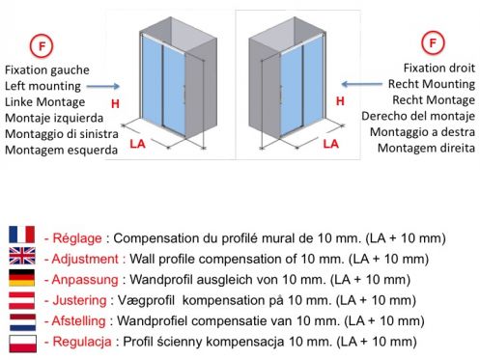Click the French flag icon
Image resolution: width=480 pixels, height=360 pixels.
pyautogui.click(x=22, y=235)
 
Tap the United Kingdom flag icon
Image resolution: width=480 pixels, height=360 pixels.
pyautogui.click(x=22, y=256)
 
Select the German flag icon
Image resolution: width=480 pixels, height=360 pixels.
pyautogui.click(x=22, y=278)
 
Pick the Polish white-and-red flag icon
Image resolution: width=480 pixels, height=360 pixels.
pyautogui.click(x=22, y=344)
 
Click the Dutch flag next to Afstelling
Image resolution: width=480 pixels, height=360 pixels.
pyautogui.click(x=22, y=322)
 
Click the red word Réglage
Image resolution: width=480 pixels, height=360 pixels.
pyautogui.click(x=77, y=238)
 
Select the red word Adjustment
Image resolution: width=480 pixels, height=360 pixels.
pyautogui.click(x=85, y=259)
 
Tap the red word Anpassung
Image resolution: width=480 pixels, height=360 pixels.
pyautogui.click(x=85, y=280)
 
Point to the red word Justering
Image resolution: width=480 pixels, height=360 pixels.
pyautogui.click(x=79, y=300)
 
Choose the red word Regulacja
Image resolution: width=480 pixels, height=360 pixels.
pyautogui.click(x=82, y=342)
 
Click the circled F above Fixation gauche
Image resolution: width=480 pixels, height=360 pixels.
pyautogui.click(x=42, y=46)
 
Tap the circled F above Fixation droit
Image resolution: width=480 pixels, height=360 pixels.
pyautogui.click(x=433, y=42)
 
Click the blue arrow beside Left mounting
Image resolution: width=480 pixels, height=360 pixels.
pyautogui.click(x=103, y=86)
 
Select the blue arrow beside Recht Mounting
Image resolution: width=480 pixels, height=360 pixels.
pyautogui.click(x=362, y=84)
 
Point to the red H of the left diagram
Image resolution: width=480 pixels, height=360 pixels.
pyautogui.click(x=115, y=103)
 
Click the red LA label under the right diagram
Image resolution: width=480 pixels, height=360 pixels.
pyautogui.click(x=331, y=144)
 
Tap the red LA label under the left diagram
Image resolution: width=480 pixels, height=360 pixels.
pyautogui.click(x=138, y=144)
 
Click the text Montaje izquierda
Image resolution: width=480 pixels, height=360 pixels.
pyautogui.click(x=54, y=118)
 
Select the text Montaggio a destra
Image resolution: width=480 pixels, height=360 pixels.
pyautogui.click(x=422, y=132)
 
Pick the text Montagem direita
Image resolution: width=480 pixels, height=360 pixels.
pyautogui.click(x=426, y=148)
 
